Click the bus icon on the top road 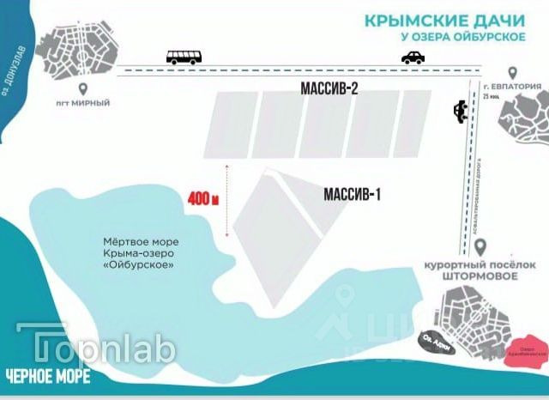click(x=184, y=58)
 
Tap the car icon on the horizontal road click(x=413, y=58)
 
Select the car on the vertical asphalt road click(x=462, y=111)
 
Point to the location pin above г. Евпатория click(x=511, y=76)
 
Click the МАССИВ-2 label click(x=329, y=88)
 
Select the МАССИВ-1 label click(x=352, y=195)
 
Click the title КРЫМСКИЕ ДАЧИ click(x=430, y=21)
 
